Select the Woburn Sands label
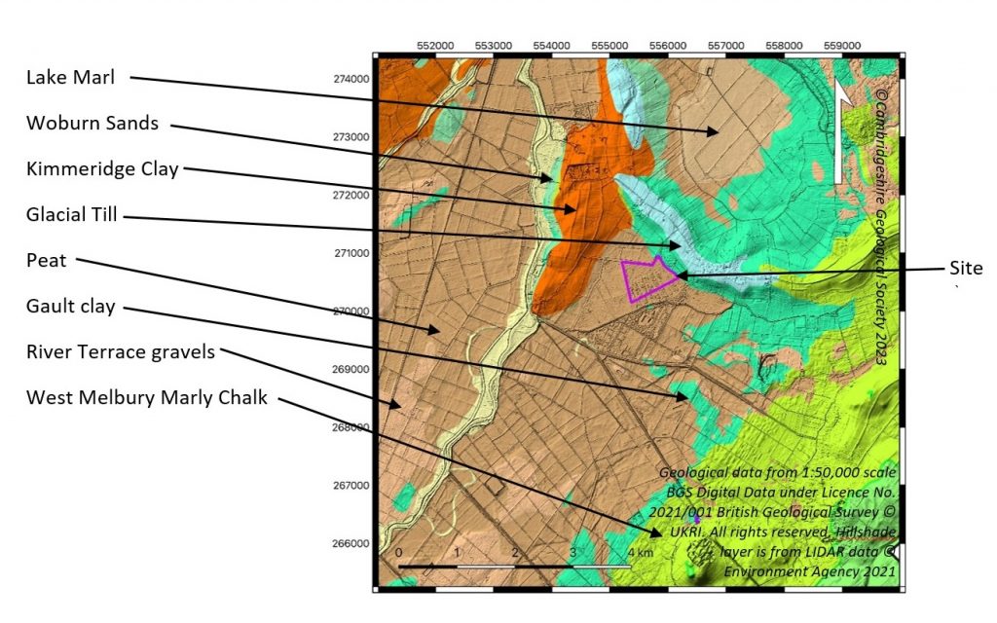pyautogui.click(x=92, y=124)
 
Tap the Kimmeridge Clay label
pyautogui.click(x=102, y=168)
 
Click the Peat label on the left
pyautogui.click(x=45, y=261)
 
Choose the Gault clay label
pyautogui.click(x=70, y=307)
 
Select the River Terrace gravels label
pyautogui.click(x=120, y=352)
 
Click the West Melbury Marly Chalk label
pyautogui.click(x=146, y=397)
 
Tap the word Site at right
pyautogui.click(x=966, y=268)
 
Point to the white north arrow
pyautogui.click(x=841, y=131)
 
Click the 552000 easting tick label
pyautogui.click(x=435, y=45)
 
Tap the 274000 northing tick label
pyautogui.click(x=351, y=79)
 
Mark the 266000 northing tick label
pyautogui.click(x=351, y=543)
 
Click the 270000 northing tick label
pyautogui.click(x=351, y=311)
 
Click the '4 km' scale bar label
pyautogui.click(x=640, y=552)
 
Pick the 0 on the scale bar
pyautogui.click(x=400, y=552)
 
